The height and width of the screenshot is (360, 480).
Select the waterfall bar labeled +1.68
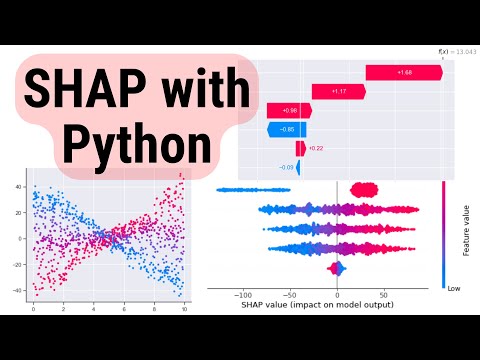point(404,72)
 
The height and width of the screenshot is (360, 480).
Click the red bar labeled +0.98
point(289,110)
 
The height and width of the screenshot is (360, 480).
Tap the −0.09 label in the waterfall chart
point(286,166)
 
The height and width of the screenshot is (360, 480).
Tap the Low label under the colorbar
point(456,284)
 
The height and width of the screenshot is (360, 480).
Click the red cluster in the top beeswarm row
point(362,188)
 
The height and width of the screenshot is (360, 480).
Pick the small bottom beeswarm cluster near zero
point(337,269)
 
